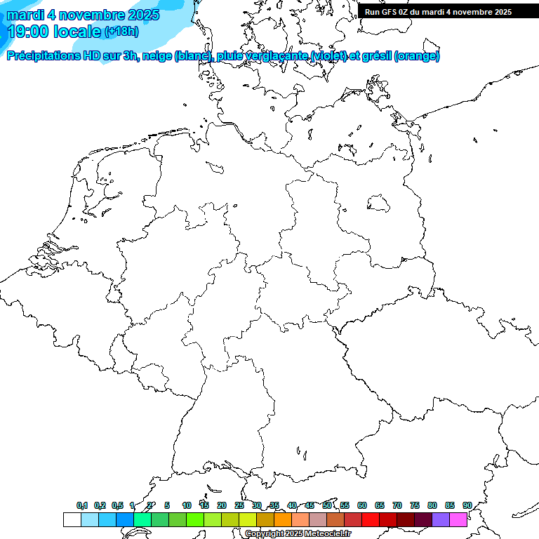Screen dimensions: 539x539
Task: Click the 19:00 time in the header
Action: [29, 32]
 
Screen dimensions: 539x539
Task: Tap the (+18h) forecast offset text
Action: [121, 32]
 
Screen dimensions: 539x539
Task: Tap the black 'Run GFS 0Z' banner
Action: [438, 12]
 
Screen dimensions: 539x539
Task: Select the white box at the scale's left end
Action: [72, 519]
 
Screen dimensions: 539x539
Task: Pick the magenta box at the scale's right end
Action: [458, 519]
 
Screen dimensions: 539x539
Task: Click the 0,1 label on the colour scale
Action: [82, 505]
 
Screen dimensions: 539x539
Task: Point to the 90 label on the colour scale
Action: [467, 505]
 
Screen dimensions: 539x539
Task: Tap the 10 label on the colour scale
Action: [187, 505]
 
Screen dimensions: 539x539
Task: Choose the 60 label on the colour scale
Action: [362, 505]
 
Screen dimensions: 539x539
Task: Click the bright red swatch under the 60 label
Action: [370, 519]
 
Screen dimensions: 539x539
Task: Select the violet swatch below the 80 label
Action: [440, 519]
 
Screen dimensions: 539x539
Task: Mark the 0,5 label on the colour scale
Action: [117, 505]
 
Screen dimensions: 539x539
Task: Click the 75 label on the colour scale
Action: [415, 505]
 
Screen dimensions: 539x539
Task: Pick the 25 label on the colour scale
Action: [239, 505]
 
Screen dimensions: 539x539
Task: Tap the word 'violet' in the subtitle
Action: [321, 56]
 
